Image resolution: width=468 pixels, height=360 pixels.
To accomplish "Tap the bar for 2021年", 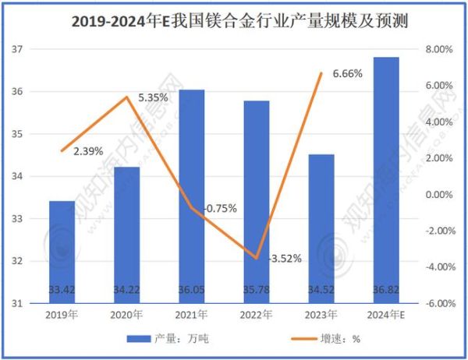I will [192, 195].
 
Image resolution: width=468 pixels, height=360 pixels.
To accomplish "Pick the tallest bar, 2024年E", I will [386, 179].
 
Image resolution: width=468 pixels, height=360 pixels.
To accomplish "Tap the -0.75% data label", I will [220, 209].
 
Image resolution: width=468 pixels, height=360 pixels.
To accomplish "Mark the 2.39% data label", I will [88, 151].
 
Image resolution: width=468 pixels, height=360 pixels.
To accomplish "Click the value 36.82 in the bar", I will [386, 290].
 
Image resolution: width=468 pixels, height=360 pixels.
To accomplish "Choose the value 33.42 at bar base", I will [62, 290].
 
